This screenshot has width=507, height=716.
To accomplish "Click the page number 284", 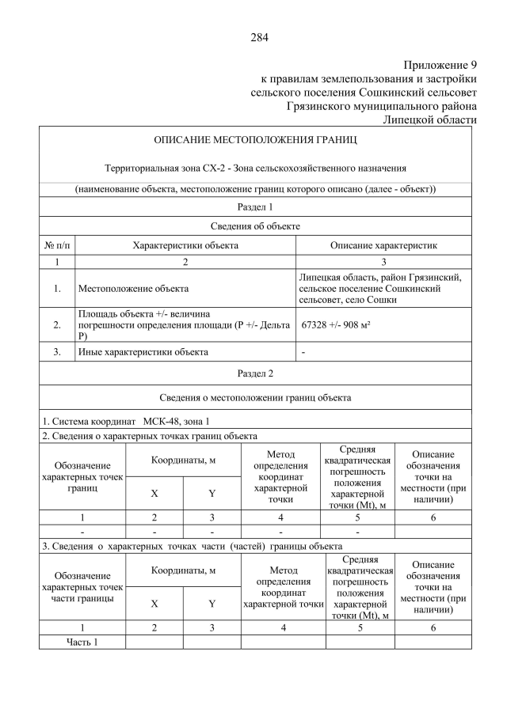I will pyautogui.click(x=260, y=37).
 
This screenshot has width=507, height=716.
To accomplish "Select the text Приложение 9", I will pyautogui.click(x=440, y=65).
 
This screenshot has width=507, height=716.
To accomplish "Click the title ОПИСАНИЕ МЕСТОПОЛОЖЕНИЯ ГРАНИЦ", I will pyautogui.click(x=255, y=140).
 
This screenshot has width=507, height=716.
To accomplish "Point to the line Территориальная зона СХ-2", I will pyautogui.click(x=255, y=168).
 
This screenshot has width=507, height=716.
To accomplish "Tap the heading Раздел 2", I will pyautogui.click(x=255, y=373).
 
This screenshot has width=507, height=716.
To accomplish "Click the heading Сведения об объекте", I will pyautogui.click(x=255, y=226).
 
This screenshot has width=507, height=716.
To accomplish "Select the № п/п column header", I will pyautogui.click(x=57, y=245).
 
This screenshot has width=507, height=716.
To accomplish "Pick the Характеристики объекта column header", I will pyautogui.click(x=185, y=245).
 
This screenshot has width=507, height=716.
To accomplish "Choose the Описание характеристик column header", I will pyautogui.click(x=383, y=245).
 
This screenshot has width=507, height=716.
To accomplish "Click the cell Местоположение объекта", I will pyautogui.click(x=133, y=289).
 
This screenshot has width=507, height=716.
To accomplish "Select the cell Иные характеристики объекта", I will pyautogui.click(x=143, y=351).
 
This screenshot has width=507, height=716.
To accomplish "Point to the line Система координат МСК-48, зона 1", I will pyautogui.click(x=126, y=420).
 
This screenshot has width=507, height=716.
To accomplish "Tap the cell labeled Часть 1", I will pyautogui.click(x=82, y=642).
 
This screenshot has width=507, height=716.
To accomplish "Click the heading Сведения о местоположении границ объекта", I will pyautogui.click(x=255, y=397).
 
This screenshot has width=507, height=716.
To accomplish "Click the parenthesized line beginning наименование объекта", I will pyautogui.click(x=255, y=189).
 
